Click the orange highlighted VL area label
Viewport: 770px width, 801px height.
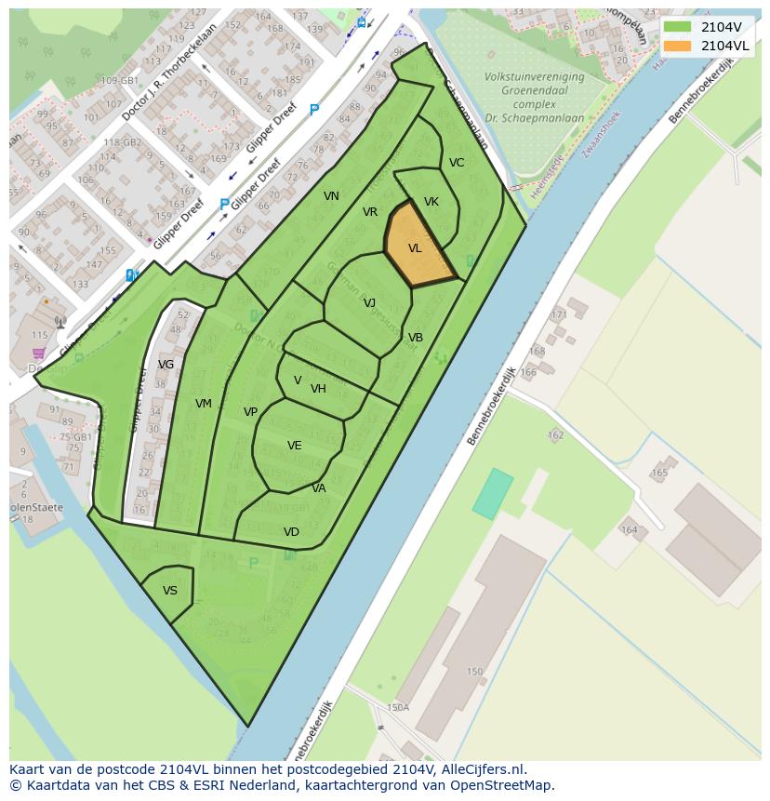(415, 248)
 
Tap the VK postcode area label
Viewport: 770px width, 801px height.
(431, 202)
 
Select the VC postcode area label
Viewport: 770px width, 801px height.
(457, 163)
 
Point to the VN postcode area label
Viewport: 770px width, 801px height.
(331, 196)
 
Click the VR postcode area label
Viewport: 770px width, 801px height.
(370, 212)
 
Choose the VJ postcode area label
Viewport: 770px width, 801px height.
(369, 303)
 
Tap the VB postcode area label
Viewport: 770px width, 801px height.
(416, 338)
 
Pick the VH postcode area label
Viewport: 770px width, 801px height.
(318, 389)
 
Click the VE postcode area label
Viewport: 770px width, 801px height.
(295, 446)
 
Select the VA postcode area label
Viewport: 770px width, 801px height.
(319, 488)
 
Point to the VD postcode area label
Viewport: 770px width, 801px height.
(291, 532)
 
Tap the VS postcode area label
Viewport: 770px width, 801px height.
(170, 591)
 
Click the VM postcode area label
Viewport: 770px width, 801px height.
(204, 404)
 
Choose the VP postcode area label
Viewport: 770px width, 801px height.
(250, 412)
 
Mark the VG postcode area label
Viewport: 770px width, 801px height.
(166, 365)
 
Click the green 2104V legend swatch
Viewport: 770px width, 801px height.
(678, 27)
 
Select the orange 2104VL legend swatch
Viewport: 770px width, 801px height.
(678, 46)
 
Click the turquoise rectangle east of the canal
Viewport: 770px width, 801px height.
(493, 494)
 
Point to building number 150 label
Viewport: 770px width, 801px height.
(475, 672)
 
